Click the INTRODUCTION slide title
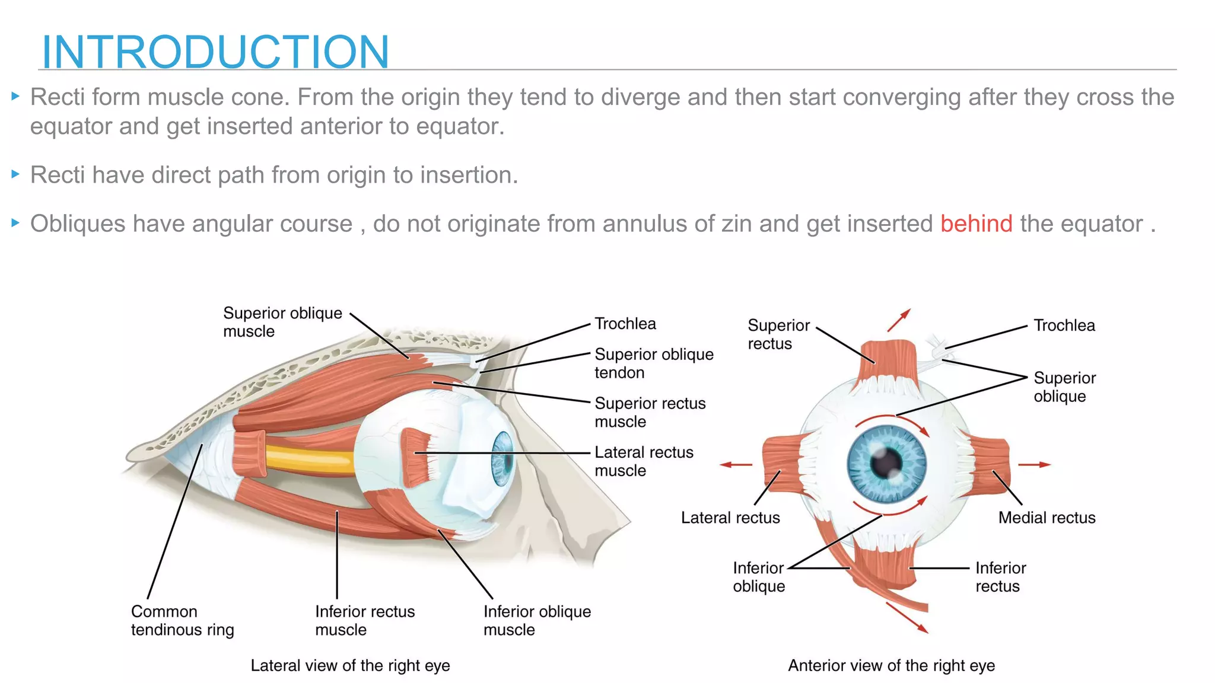click(215, 52)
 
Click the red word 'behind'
click(976, 224)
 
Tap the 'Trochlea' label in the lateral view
click(625, 324)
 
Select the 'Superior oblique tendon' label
click(654, 363)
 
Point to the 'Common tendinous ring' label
click(182, 620)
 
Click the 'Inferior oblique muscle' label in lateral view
click(537, 620)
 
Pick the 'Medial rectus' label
click(1047, 518)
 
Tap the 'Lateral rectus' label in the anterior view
click(730, 518)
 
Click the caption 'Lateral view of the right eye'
click(350, 666)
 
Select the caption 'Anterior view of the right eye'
click(891, 666)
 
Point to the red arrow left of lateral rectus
click(736, 465)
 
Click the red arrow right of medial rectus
click(1035, 465)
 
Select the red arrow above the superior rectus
click(898, 320)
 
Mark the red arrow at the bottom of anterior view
click(907, 618)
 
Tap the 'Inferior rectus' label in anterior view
click(1000, 577)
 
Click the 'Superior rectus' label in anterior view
click(778, 334)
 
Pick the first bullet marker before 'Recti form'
click(16, 95)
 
